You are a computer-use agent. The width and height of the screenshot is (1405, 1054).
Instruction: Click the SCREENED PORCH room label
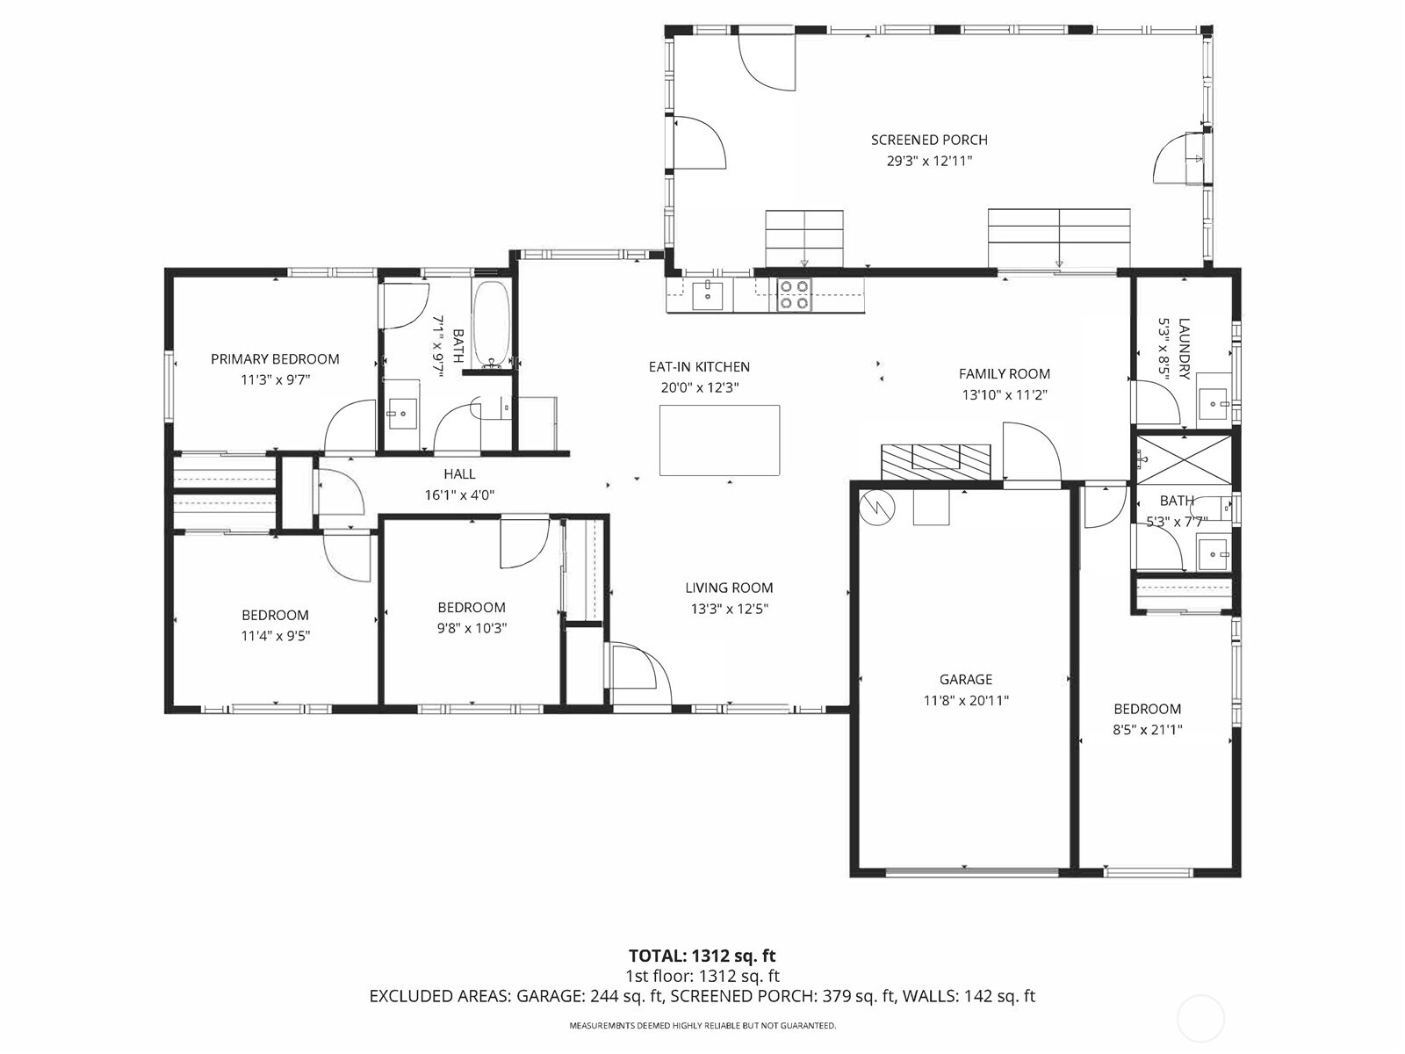[x=929, y=140]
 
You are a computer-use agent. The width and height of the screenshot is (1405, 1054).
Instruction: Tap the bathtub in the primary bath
[x=492, y=324]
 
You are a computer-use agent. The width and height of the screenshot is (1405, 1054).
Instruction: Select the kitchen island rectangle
[x=719, y=440]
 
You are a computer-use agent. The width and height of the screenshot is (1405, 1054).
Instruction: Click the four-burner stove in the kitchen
[x=795, y=294]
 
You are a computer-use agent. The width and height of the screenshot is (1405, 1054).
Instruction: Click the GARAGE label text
[x=965, y=679]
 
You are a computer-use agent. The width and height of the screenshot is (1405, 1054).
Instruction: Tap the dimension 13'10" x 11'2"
[x=1004, y=395]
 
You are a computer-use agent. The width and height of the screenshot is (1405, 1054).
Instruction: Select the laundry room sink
[x=1216, y=404]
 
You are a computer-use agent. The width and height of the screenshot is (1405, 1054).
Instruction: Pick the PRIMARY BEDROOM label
[x=275, y=358]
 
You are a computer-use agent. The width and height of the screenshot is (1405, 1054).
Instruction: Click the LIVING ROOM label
[x=729, y=588]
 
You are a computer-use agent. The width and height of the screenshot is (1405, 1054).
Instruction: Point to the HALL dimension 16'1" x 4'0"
[x=459, y=495]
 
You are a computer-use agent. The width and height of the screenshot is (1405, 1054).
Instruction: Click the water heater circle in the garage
[x=877, y=507]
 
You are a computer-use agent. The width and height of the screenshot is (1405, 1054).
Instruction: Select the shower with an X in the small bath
[x=1185, y=459]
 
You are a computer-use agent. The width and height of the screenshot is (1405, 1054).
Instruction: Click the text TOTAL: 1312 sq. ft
[x=702, y=956]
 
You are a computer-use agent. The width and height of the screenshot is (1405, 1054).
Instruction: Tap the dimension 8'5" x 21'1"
[x=1147, y=729]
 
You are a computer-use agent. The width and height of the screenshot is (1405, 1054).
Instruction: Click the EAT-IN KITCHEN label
[x=699, y=366]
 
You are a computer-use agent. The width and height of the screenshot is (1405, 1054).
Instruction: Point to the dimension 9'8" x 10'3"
[x=472, y=628]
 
